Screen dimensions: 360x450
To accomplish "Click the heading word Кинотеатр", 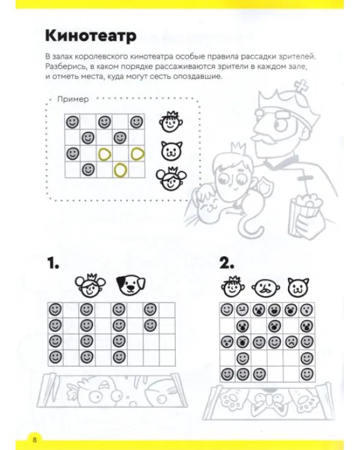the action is pyautogui.click(x=91, y=36).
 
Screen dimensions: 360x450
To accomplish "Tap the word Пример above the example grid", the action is pyautogui.click(x=73, y=99).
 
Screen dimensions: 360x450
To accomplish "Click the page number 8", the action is pyautogui.click(x=35, y=439).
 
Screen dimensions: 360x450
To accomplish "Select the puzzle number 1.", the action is pyautogui.click(x=53, y=263).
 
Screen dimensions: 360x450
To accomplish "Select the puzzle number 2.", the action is pyautogui.click(x=227, y=263).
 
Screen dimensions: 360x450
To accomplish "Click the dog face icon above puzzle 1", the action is pyautogui.click(x=131, y=286).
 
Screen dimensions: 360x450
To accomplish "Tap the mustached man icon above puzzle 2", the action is pyautogui.click(x=266, y=287).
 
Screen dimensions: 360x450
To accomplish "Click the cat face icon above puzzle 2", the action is pyautogui.click(x=298, y=287).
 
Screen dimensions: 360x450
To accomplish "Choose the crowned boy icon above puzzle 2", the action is pyautogui.click(x=233, y=286).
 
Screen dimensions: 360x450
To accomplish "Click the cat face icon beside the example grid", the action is pyautogui.click(x=172, y=151).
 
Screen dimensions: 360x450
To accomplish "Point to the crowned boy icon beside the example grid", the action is pyautogui.click(x=171, y=122).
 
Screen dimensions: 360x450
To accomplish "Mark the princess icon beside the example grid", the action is pyautogui.click(x=171, y=179).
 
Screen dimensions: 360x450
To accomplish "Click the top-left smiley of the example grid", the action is pyautogui.click(x=73, y=122).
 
